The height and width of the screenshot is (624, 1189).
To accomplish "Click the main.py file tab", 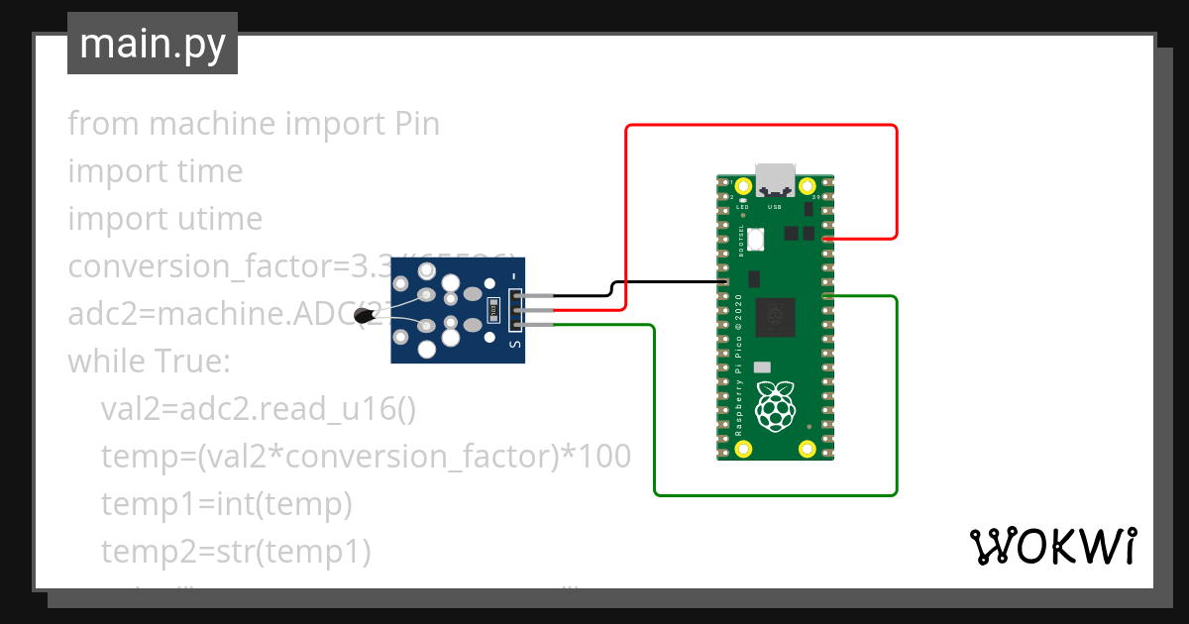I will tap(153, 45).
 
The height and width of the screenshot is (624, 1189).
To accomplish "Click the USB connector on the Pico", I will tap(775, 178).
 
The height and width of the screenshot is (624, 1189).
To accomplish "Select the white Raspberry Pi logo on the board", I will tap(776, 404).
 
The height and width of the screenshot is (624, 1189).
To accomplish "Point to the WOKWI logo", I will tap(1052, 546).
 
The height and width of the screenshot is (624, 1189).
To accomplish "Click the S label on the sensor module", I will tap(514, 344).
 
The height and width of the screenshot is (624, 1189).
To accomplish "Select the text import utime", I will tap(164, 219).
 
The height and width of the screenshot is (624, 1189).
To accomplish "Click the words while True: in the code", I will tap(149, 362).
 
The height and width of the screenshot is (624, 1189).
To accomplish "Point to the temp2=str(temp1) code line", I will tap(236, 552).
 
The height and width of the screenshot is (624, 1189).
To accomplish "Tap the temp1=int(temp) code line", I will tap(227, 504).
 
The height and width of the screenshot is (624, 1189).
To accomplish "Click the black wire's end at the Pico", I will tap(726, 282).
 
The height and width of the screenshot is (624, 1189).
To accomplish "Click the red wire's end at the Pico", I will tap(826, 239).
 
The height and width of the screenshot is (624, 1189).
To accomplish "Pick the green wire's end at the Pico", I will tap(826, 296).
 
